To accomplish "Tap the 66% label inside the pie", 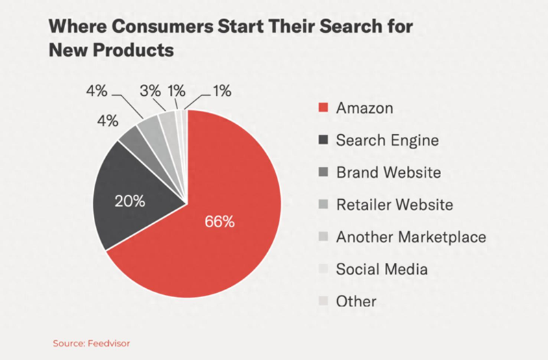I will [x=220, y=222].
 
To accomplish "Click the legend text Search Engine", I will [x=386, y=141].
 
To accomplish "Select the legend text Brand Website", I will [x=388, y=172].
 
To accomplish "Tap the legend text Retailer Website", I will [x=394, y=205].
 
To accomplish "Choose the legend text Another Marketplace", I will [x=410, y=237].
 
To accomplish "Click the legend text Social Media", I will [x=382, y=269].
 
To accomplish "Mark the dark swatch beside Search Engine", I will [x=324, y=141].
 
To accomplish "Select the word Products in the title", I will [x=136, y=51].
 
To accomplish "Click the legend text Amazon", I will [x=364, y=109].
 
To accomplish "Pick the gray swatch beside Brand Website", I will [x=324, y=172].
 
